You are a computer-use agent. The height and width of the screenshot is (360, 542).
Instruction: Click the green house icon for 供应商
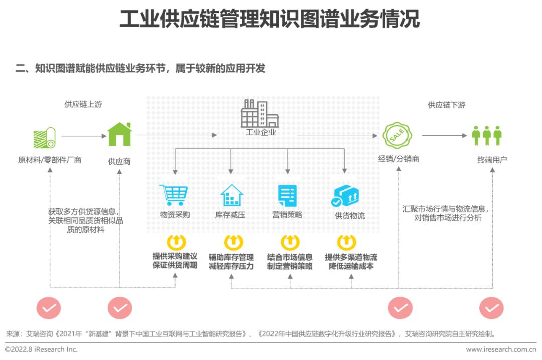pyautogui.click(x=119, y=134)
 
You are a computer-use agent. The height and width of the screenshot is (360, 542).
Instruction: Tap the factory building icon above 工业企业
pyautogui.click(x=259, y=113)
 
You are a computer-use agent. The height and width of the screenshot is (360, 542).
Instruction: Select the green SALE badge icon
pyautogui.click(x=397, y=135)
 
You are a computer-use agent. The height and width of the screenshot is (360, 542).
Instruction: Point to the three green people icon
pyautogui.click(x=487, y=135)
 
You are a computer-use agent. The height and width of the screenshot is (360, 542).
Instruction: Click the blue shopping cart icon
pyautogui.click(x=174, y=195)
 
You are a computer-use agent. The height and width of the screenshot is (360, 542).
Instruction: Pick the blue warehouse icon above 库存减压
pyautogui.click(x=231, y=195)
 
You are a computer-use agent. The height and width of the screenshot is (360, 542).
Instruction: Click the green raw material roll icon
pyautogui.click(x=44, y=138)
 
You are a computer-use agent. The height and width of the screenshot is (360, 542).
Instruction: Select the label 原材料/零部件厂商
pyautogui.click(x=50, y=160)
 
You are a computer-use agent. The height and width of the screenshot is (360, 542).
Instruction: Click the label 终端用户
pyautogui.click(x=492, y=160)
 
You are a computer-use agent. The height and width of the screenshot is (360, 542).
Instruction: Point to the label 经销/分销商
pyautogui.click(x=398, y=159)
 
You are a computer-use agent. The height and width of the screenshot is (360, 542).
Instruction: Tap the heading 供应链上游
pyautogui.click(x=83, y=104)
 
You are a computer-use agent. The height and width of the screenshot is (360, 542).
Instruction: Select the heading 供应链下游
pyautogui.click(x=447, y=105)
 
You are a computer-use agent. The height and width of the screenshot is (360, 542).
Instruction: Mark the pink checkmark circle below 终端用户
pyautogui.click(x=491, y=308)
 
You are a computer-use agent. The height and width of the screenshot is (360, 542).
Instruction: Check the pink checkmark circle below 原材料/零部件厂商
pyautogui.click(x=49, y=308)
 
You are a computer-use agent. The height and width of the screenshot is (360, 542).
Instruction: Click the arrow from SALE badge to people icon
pyautogui.click(x=444, y=135)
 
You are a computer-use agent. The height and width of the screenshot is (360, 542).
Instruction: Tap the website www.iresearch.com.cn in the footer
pyautogui.click(x=501, y=349)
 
